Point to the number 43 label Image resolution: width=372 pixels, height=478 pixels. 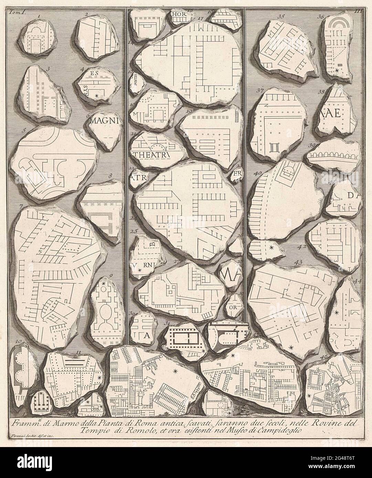298,262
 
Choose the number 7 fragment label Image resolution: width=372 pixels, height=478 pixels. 21,206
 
